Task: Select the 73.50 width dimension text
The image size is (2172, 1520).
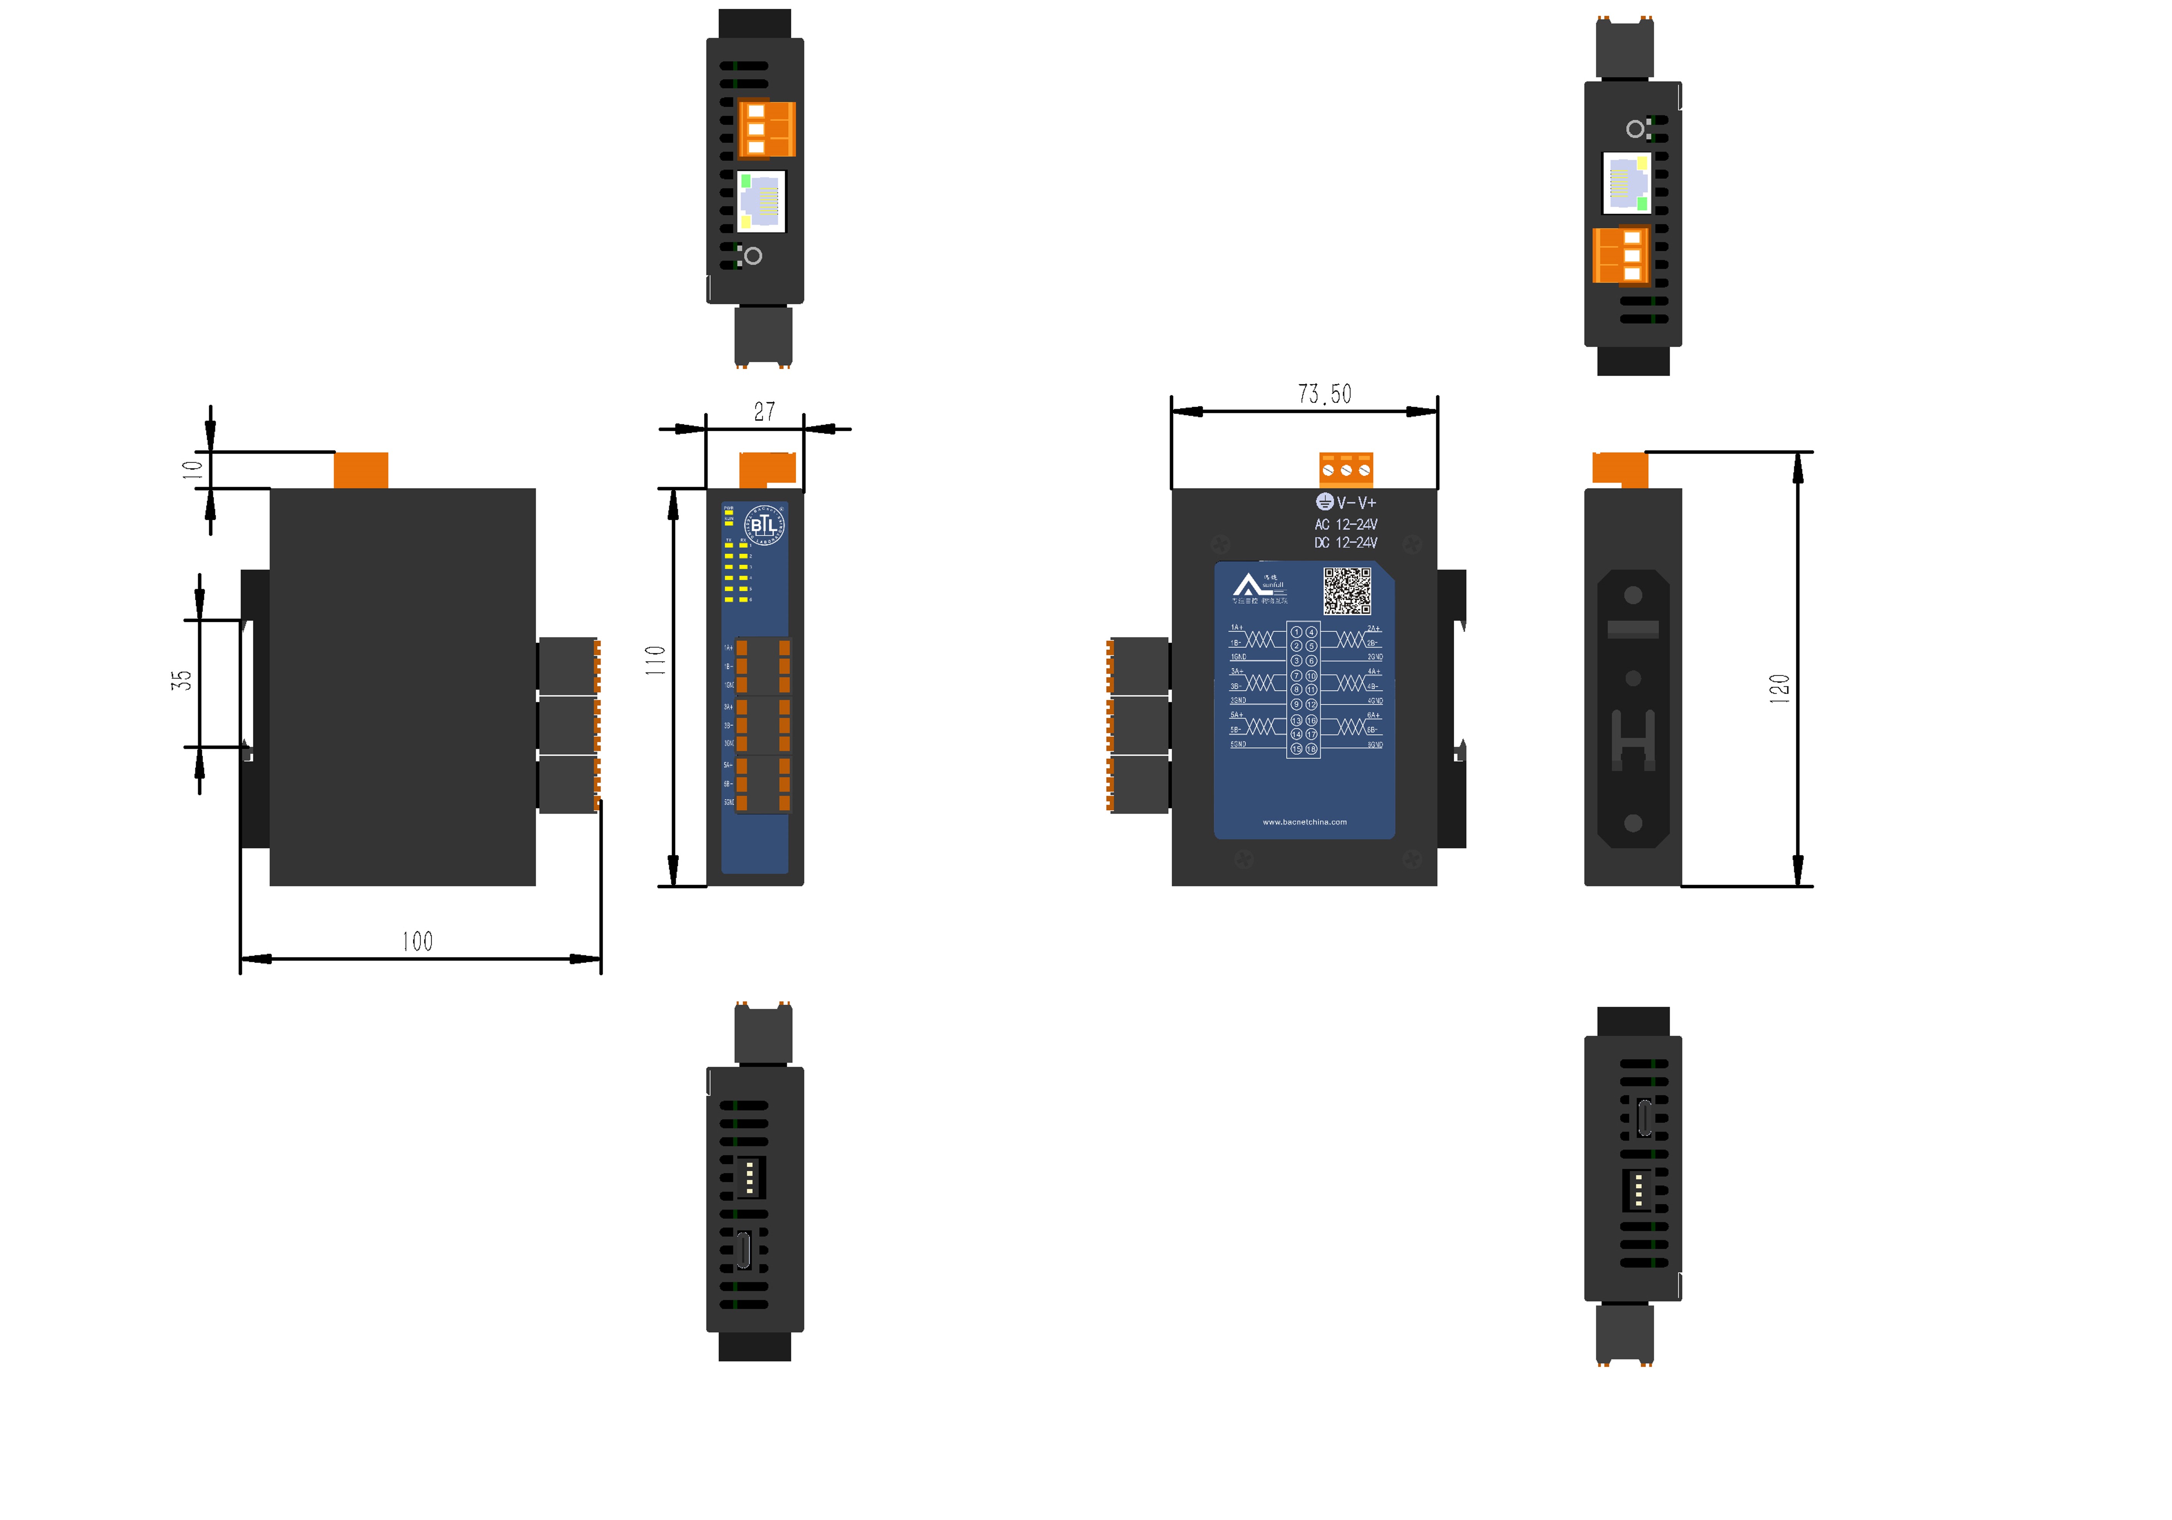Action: click(1324, 394)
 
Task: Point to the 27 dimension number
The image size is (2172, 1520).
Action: click(764, 411)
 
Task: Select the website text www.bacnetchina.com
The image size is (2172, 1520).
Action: click(1305, 822)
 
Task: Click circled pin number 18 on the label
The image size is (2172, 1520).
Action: click(1311, 749)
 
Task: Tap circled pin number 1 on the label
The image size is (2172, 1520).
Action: click(1297, 632)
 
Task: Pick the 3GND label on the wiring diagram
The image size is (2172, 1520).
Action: click(1238, 701)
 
